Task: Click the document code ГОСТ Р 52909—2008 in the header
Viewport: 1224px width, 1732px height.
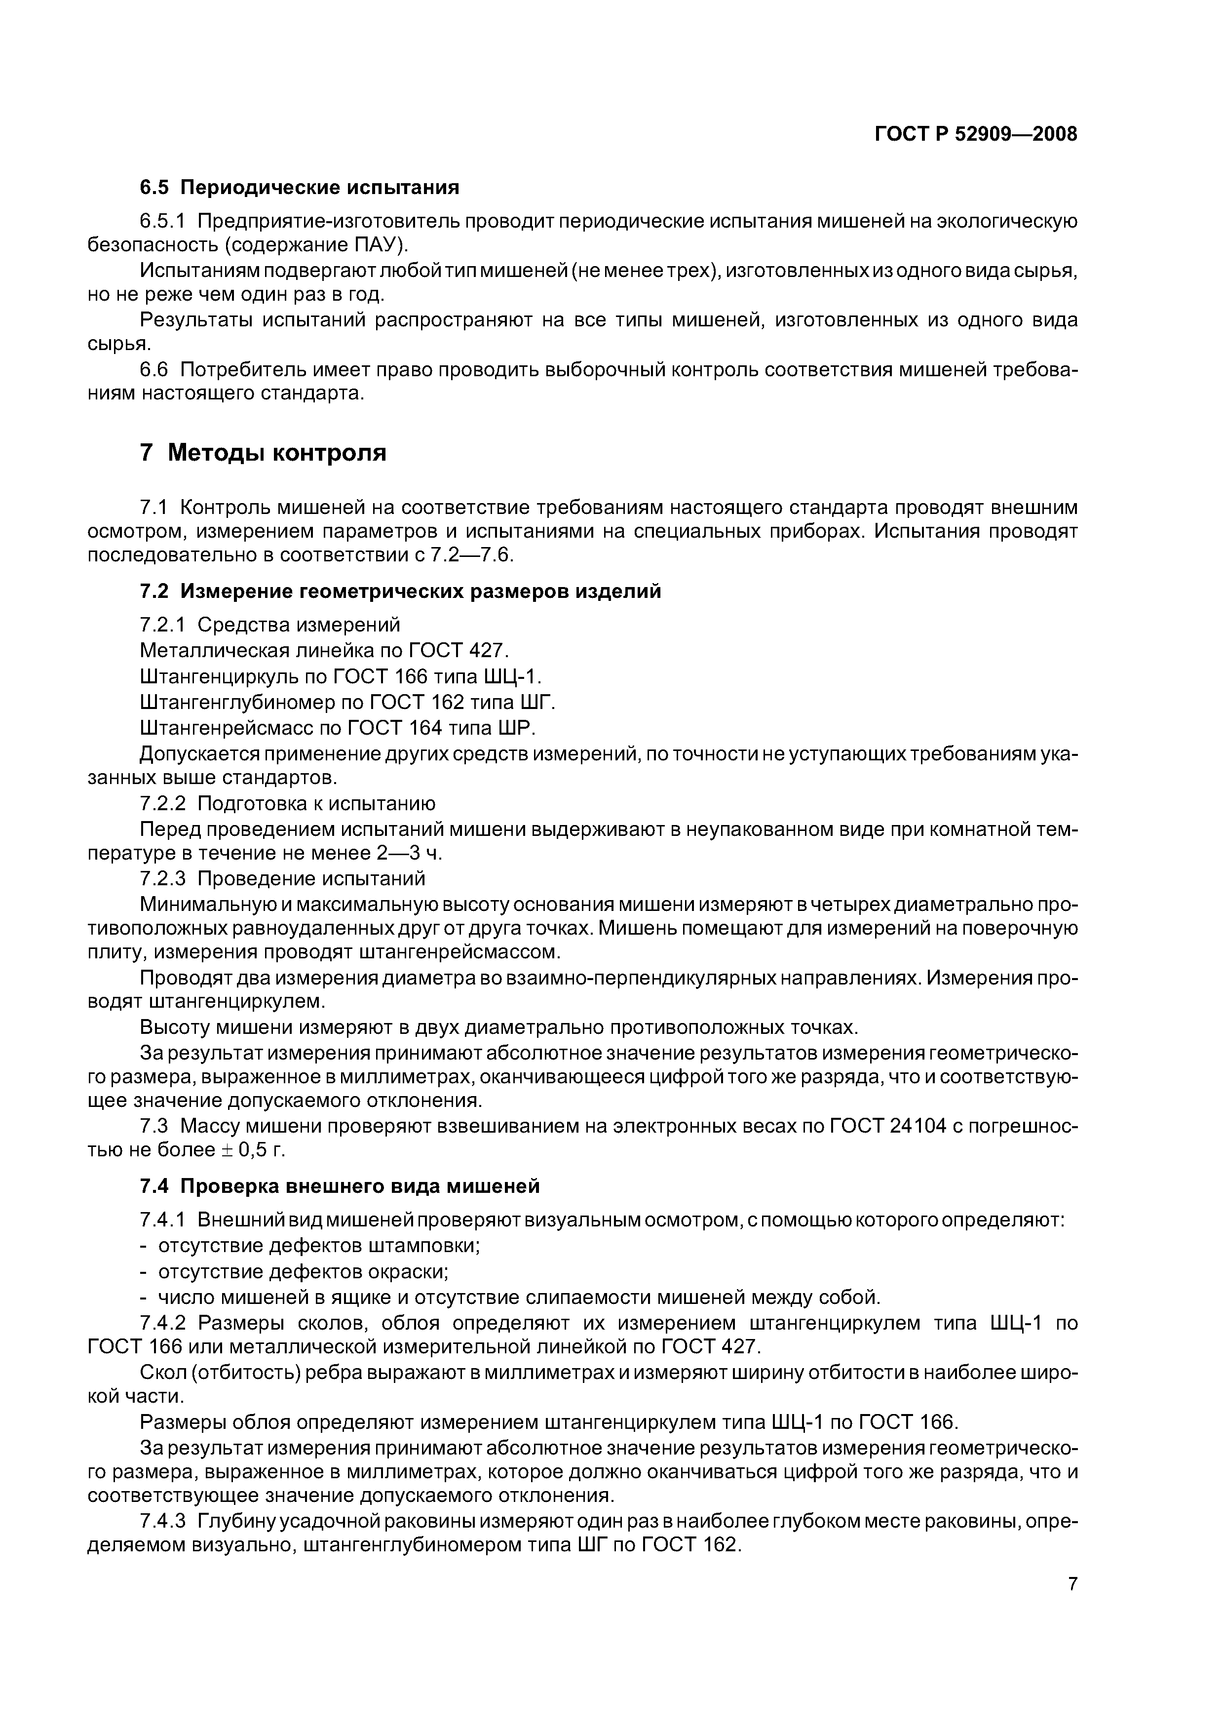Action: pos(975,134)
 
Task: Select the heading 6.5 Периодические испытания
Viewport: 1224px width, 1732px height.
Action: pos(300,187)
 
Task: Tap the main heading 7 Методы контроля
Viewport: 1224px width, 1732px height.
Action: pos(263,453)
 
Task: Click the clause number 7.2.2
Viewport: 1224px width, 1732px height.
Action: pos(163,803)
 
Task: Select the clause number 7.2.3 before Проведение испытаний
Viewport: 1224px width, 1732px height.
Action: pos(163,878)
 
